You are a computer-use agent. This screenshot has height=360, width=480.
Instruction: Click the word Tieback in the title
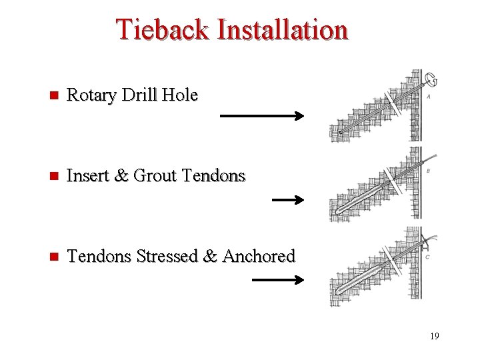(x=162, y=29)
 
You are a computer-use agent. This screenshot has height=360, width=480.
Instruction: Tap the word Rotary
(x=92, y=96)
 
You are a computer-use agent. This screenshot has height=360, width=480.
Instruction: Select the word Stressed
(x=167, y=256)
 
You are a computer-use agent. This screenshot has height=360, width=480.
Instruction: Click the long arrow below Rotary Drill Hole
(x=261, y=116)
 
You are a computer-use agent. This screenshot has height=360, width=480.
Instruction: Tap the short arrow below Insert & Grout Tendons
(x=288, y=199)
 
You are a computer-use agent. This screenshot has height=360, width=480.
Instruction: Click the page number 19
(x=434, y=336)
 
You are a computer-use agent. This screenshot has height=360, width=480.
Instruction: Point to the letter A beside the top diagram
(x=427, y=97)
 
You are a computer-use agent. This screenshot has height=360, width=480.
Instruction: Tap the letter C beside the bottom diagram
(x=427, y=257)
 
